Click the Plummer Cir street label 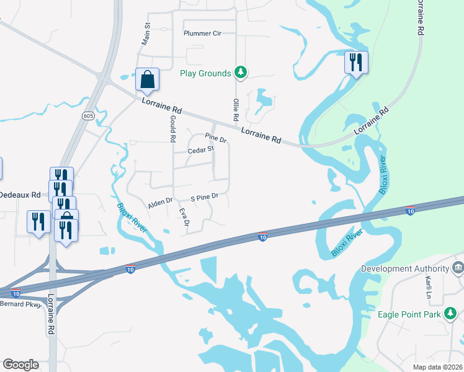[202, 33]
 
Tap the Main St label [148, 35]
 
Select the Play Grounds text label [205, 73]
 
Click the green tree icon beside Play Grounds [241, 73]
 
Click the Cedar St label [200, 149]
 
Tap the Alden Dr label [160, 203]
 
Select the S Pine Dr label [205, 197]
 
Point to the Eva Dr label [184, 217]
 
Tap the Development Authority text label [405, 268]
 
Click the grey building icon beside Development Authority [458, 268]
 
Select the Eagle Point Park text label [409, 314]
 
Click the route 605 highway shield [87, 116]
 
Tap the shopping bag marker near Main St [147, 80]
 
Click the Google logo [20, 365]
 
